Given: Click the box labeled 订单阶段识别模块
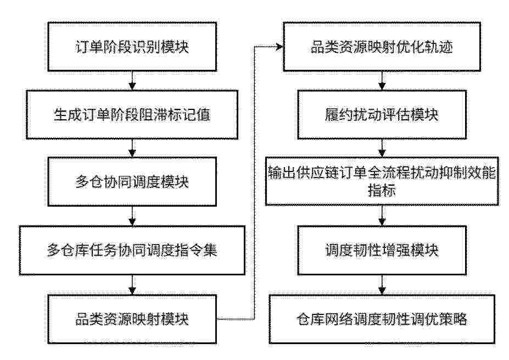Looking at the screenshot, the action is [132, 47].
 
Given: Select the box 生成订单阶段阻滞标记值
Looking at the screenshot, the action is [132, 115].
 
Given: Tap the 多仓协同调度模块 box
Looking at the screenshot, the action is [132, 181].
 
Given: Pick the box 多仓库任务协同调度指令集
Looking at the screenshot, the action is [132, 250].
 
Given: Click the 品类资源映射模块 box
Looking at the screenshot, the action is [132, 319].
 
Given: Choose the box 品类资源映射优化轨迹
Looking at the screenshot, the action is [382, 47].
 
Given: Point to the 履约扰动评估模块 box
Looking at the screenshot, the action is [382, 115].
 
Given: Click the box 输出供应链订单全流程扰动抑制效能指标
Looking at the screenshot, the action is [382, 181].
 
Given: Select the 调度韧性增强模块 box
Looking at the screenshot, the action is [382, 250].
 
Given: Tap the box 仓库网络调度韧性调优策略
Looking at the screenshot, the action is [382, 319].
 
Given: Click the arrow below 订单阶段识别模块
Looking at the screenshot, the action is [132, 81].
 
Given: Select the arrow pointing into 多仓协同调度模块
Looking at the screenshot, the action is [132, 148].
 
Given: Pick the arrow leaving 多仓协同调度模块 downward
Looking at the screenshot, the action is [132, 216].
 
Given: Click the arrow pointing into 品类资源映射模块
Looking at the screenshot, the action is [132, 285].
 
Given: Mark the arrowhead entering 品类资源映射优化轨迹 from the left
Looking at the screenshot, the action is [279, 47].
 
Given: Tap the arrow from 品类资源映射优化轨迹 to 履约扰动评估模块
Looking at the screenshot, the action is [382, 81].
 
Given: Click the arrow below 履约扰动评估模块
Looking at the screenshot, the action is [382, 148].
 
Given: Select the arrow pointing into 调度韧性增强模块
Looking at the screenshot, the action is [382, 216].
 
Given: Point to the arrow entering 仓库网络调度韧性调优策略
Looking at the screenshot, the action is [382, 285].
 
